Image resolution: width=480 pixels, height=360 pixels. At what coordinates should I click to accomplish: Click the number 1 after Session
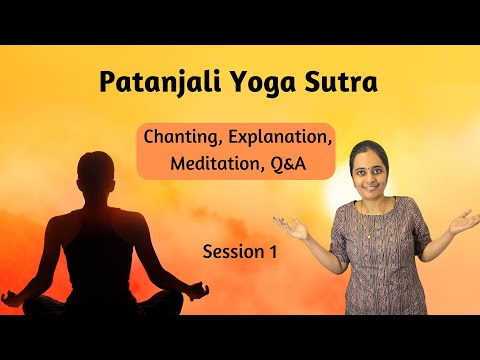click(x=270, y=252)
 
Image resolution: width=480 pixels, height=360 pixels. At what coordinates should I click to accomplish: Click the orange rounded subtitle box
click(x=235, y=151)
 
